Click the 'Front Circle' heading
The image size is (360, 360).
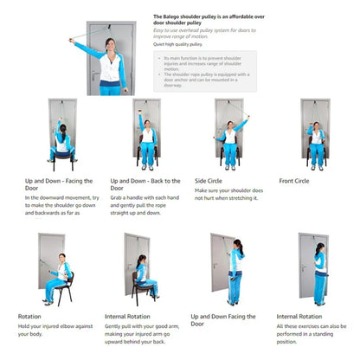tap(297, 181)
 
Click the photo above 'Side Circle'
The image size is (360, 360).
tap(227, 134)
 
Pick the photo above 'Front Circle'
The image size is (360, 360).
tap(315, 134)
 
